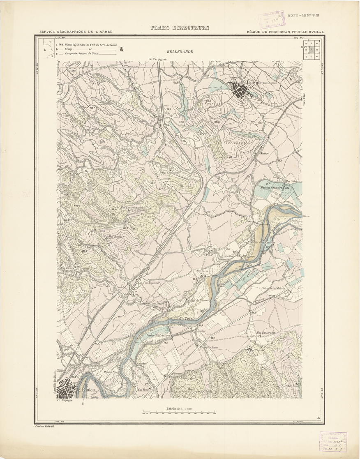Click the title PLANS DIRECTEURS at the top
point(180,28)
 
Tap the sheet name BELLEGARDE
point(180,52)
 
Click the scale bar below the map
point(180,413)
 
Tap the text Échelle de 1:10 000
point(180,408)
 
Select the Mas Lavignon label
point(129,208)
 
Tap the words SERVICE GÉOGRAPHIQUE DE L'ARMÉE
point(76,32)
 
